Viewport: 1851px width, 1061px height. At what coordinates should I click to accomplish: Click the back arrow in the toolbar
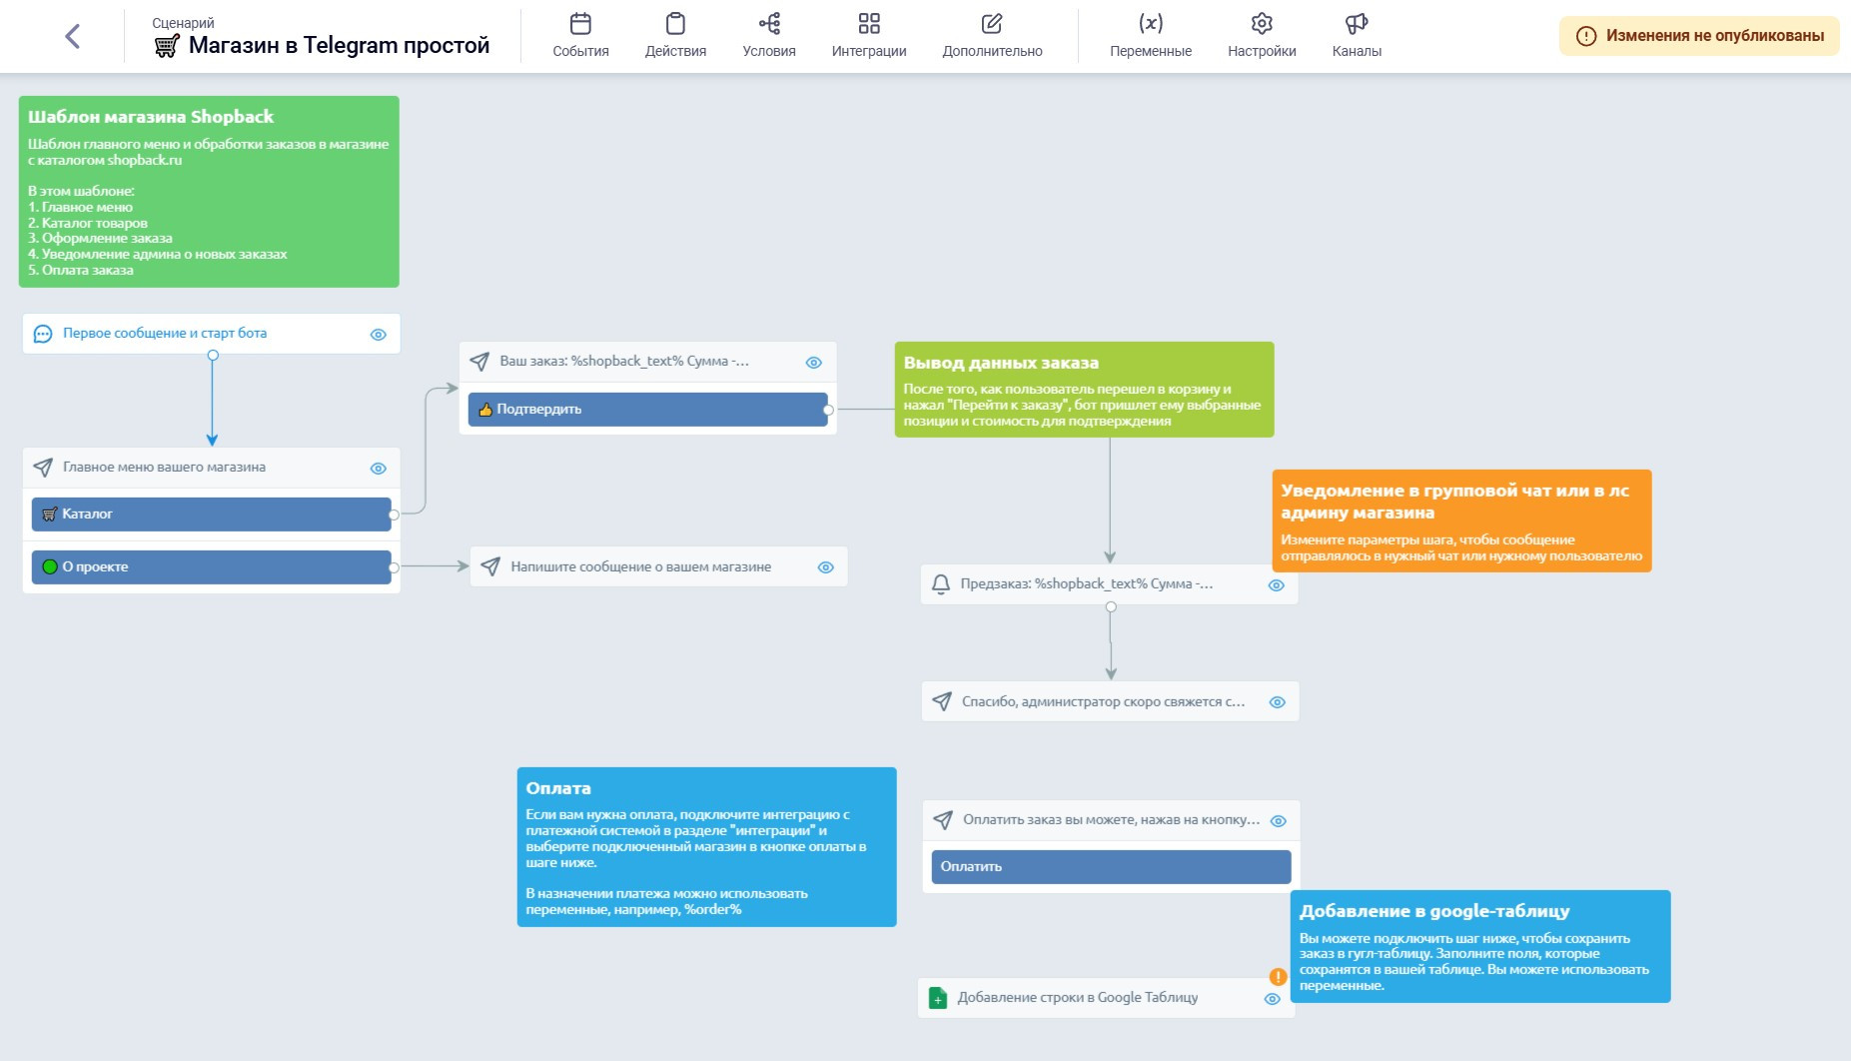pos(72,37)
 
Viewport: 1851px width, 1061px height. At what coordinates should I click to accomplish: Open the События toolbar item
pos(580,35)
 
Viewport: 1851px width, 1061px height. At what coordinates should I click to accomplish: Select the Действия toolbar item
pos(675,35)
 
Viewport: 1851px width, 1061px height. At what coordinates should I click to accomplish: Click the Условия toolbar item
pos(768,35)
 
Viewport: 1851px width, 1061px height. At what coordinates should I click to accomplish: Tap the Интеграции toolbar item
pos(868,35)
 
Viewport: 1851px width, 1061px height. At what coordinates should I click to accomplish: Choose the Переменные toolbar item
pos(1150,35)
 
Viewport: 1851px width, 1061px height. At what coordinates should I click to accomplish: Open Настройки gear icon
pos(1262,24)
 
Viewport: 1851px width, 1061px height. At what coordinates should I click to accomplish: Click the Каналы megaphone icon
pos(1356,24)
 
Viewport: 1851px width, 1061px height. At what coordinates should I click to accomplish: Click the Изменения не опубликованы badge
pos(1699,36)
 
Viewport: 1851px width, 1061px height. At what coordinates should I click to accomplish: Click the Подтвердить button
pos(647,410)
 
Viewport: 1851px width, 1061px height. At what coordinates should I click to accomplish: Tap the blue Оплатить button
pos(1111,867)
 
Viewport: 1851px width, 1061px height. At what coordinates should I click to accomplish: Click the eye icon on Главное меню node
pos(379,468)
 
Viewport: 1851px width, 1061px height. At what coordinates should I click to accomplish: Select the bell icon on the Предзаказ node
pos(940,584)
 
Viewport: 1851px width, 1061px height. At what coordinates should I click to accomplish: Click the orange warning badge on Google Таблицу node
pos(1278,976)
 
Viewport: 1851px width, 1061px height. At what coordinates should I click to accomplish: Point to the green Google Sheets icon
pos(937,998)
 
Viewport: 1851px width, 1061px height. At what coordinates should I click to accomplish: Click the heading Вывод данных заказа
pos(1001,364)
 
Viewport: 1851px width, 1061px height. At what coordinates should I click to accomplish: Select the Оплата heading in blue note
pos(558,788)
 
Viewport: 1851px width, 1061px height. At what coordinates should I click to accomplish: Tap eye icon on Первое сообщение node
pos(379,335)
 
